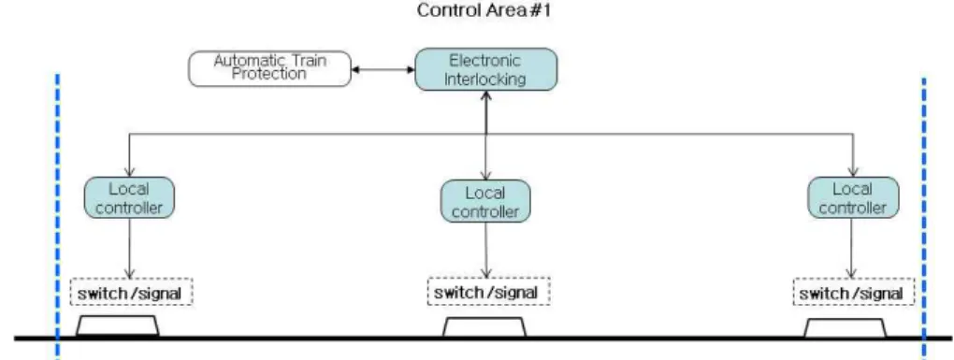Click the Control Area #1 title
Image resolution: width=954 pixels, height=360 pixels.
[484, 10]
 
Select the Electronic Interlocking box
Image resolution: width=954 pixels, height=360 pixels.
[485, 69]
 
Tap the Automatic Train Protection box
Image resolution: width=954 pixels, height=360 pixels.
[269, 68]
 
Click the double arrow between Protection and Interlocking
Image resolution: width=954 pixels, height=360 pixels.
[383, 69]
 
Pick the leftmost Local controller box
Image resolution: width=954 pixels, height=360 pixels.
[129, 197]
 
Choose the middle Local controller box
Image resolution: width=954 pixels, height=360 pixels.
[485, 201]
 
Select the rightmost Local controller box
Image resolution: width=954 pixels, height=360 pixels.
[853, 197]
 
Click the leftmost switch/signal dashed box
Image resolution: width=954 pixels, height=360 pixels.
[132, 292]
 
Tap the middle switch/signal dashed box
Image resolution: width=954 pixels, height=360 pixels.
[488, 292]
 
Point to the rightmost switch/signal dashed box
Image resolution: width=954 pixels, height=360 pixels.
[854, 292]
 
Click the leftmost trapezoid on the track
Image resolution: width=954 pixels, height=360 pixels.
[118, 325]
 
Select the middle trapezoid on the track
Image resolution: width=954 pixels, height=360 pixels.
[484, 326]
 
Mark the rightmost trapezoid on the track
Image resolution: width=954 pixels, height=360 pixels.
[846, 327]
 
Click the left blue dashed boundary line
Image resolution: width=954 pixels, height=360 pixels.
[57, 216]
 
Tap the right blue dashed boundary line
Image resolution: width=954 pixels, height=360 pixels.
[923, 218]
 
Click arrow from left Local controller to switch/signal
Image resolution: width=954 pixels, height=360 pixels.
[130, 248]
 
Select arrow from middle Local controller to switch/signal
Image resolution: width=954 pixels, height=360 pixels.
[486, 250]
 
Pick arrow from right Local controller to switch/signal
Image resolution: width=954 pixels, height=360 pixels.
[852, 248]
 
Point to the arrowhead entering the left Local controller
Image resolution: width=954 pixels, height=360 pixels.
[130, 173]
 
